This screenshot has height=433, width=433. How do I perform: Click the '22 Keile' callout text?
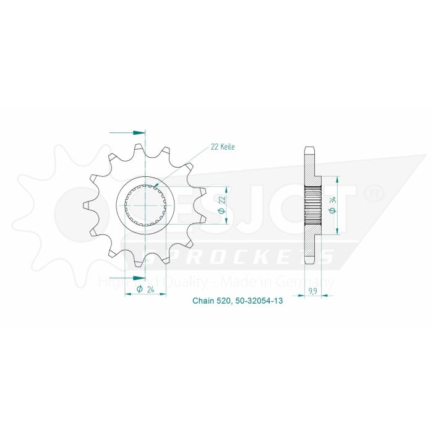click(223, 147)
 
